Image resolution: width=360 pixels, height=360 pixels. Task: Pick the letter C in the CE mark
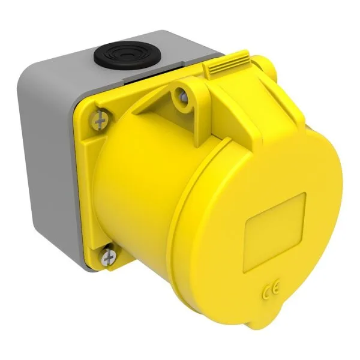click(x=267, y=293)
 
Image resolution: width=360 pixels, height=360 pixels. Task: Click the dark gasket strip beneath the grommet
click(x=120, y=80)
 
